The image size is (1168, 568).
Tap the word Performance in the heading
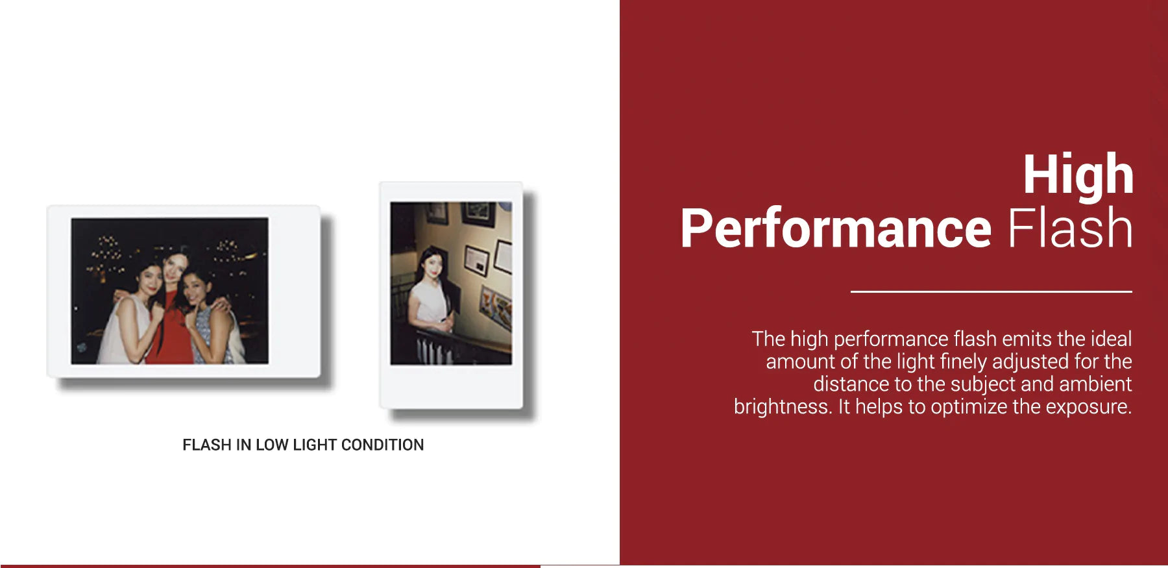point(836,228)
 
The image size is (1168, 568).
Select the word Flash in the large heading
point(1070,228)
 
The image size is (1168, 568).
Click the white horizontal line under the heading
point(992,291)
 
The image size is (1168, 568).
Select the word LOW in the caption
point(271,445)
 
